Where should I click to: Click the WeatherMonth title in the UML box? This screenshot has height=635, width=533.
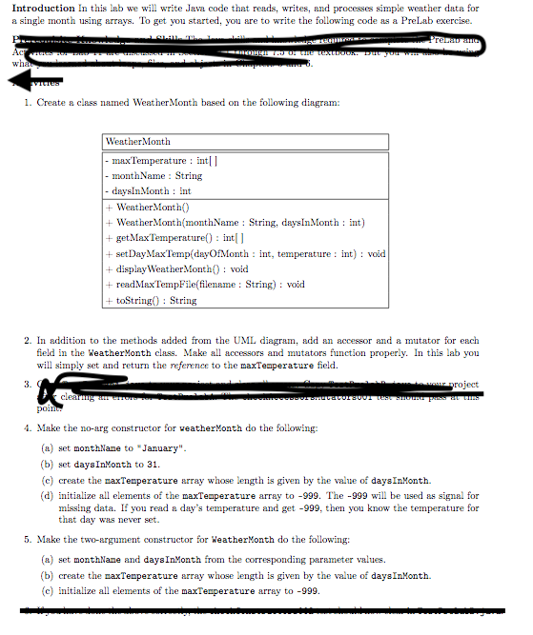coord(138,142)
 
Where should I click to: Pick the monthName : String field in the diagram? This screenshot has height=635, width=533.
coord(155,176)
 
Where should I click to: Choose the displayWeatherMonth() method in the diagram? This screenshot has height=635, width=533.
coord(176,269)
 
